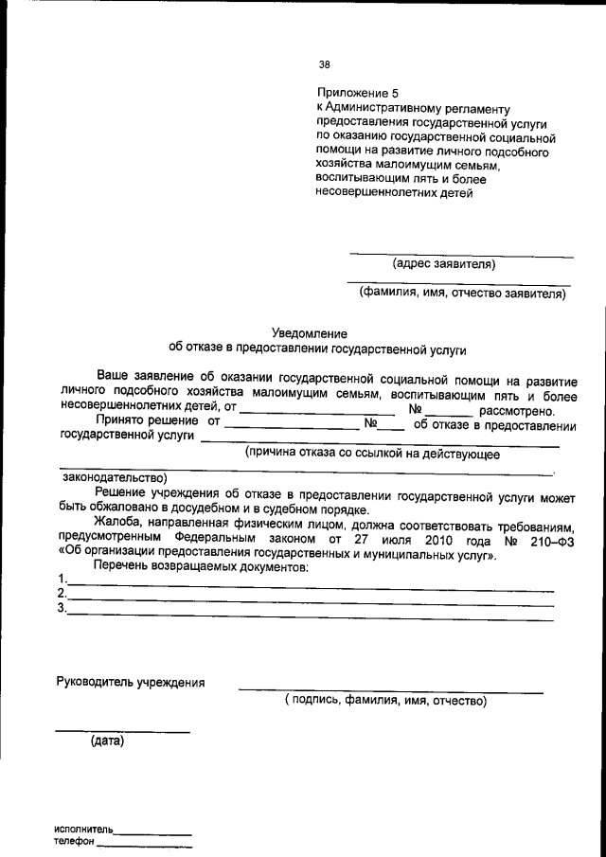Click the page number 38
pos(325,65)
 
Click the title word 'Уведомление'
pos(310,333)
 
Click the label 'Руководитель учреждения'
pos(131,682)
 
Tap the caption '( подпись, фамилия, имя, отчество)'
pos(385,702)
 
